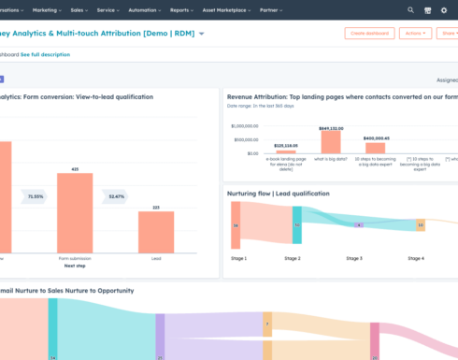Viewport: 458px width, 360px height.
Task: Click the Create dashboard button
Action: [369, 33]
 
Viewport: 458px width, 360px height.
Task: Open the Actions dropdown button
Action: [415, 33]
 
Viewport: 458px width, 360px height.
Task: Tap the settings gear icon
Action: [445, 10]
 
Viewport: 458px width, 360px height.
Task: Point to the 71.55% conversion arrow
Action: [36, 197]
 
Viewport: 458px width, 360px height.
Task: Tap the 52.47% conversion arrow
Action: [116, 197]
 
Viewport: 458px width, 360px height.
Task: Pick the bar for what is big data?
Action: [331, 141]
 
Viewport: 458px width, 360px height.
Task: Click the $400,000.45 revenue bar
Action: [375, 148]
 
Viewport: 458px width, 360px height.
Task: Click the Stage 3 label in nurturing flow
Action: [354, 257]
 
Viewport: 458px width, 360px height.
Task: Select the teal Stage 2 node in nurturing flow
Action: [296, 225]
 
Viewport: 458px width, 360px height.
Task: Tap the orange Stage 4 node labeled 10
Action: [420, 225]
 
